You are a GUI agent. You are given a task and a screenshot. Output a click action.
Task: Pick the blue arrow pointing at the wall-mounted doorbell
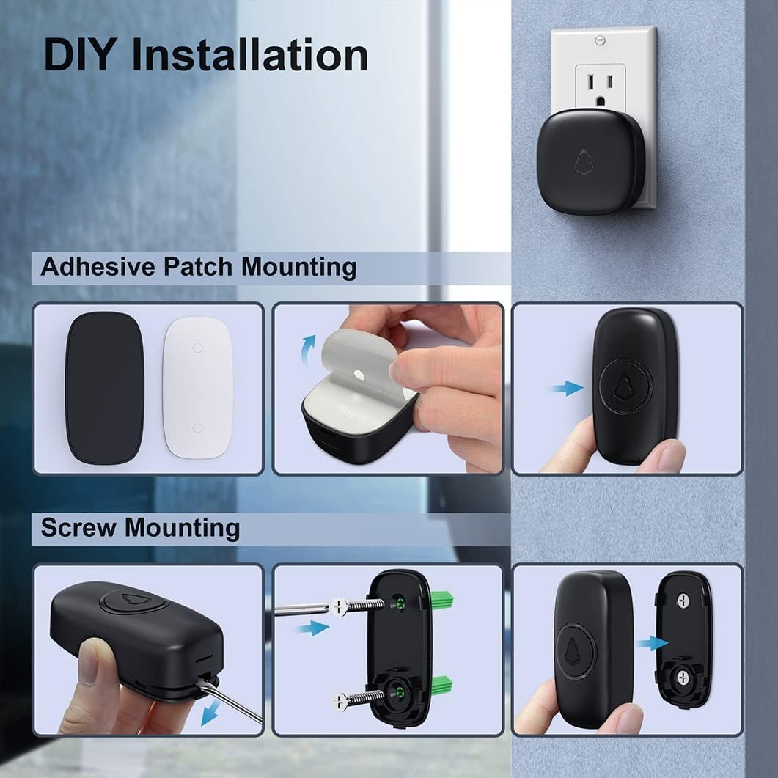point(568,388)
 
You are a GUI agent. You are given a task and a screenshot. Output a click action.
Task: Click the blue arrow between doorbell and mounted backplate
point(651,643)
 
